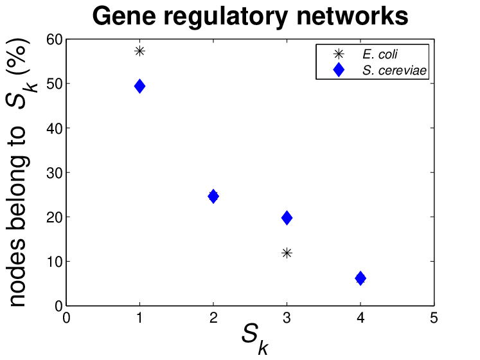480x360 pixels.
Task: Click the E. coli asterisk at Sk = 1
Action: [x=139, y=51]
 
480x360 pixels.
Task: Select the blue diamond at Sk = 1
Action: [x=139, y=86]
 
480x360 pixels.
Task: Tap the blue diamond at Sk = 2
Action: [x=213, y=196]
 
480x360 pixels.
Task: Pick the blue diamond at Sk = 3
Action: [x=287, y=218]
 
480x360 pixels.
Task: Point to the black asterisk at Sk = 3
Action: [x=287, y=253]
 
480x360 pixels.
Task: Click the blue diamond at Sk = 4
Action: [x=360, y=278]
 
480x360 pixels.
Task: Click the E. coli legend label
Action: [x=380, y=54]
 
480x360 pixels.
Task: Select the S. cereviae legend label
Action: [x=395, y=71]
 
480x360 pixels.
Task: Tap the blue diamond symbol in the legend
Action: [x=339, y=69]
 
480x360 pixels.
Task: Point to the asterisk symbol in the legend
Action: [x=339, y=54]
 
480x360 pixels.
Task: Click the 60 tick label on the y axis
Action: [x=54, y=39]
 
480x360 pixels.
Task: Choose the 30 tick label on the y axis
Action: [x=54, y=173]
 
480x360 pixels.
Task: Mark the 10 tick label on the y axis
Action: [x=54, y=262]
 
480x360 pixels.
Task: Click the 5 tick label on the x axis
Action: [x=434, y=318]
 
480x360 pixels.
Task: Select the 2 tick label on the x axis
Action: [x=213, y=318]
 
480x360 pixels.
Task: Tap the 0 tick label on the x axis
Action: [x=66, y=318]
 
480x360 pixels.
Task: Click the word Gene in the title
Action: [x=124, y=16]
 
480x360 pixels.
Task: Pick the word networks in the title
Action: [x=352, y=16]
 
